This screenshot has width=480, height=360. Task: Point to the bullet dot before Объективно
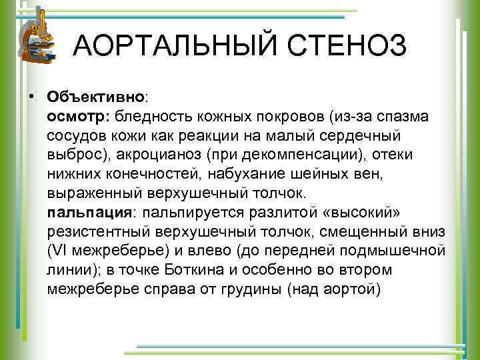pyautogui.click(x=31, y=97)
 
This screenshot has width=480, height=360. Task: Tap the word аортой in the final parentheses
pyautogui.click(x=354, y=289)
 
